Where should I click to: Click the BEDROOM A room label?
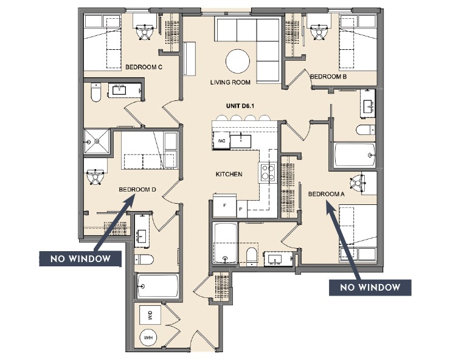(326, 194)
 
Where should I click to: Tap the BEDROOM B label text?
(328, 77)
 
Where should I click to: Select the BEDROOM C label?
(143, 67)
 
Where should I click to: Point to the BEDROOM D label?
(138, 189)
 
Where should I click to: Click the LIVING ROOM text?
(230, 83)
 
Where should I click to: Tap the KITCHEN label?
(229, 175)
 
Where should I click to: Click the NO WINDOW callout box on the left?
(80, 259)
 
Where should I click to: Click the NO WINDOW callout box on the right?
(370, 287)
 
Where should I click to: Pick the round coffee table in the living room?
(237, 61)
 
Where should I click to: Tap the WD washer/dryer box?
(150, 316)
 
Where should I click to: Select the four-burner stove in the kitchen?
(268, 173)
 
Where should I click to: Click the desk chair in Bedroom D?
(94, 176)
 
